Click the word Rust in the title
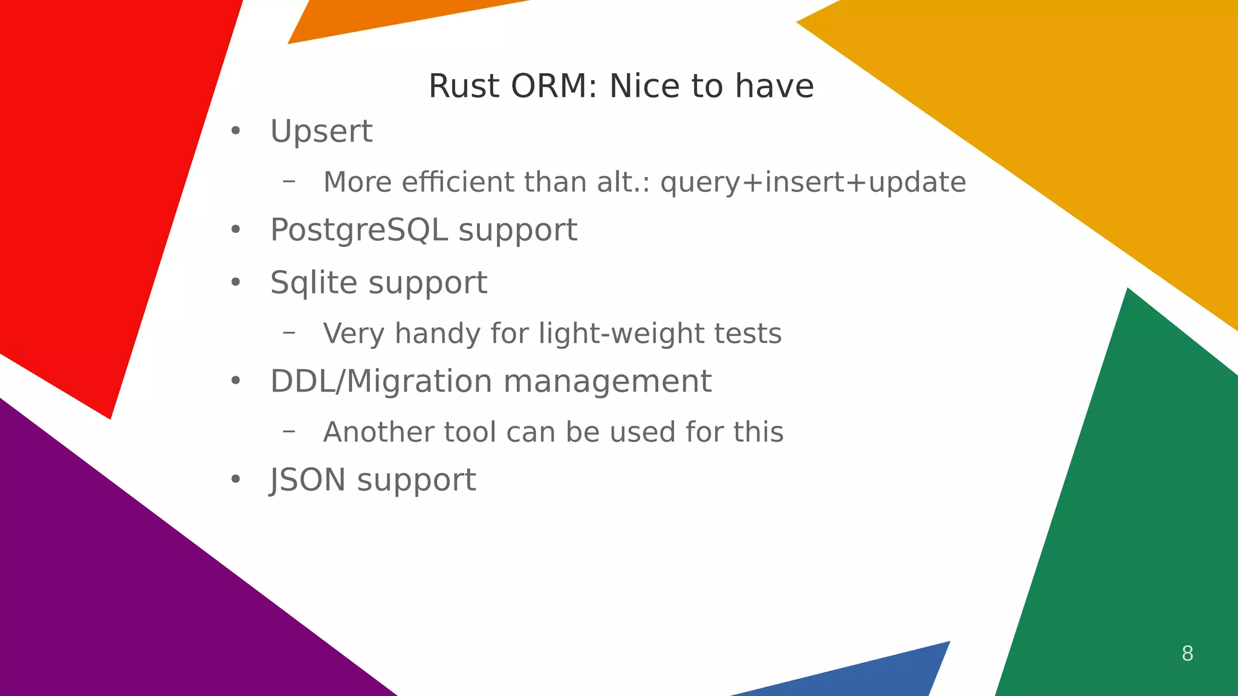click(464, 86)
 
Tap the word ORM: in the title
click(554, 86)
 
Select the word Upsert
click(321, 131)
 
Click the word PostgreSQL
click(358, 230)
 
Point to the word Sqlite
click(314, 283)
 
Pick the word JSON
click(308, 480)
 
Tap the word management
click(607, 381)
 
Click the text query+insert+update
click(813, 182)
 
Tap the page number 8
click(1187, 653)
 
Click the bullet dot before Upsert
click(236, 131)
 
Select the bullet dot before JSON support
click(236, 480)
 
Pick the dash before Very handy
click(289, 332)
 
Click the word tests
click(748, 333)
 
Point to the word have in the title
click(774, 86)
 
